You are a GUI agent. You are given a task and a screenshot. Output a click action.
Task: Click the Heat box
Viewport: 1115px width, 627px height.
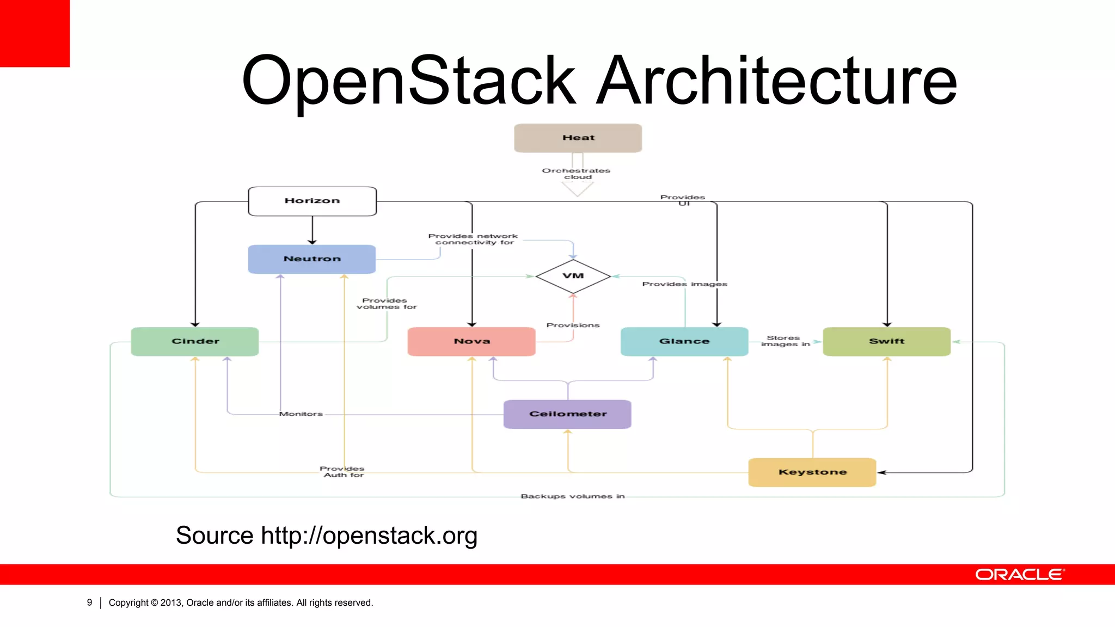click(578, 138)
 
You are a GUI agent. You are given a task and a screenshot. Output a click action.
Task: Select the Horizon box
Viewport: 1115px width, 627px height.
click(312, 201)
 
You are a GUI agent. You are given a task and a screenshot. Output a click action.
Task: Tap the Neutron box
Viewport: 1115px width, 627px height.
click(312, 259)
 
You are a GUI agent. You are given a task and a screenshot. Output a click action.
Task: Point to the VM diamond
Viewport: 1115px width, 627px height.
click(573, 276)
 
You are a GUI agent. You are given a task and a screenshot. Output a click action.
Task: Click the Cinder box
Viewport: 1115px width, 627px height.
click(195, 341)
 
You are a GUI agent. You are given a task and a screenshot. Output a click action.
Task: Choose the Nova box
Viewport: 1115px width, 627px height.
click(471, 341)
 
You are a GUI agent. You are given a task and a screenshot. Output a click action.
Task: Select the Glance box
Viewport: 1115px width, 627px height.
click(684, 341)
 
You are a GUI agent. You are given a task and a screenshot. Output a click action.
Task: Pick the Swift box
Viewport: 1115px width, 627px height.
click(886, 341)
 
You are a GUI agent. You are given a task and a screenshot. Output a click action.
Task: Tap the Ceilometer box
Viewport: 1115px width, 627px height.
click(567, 414)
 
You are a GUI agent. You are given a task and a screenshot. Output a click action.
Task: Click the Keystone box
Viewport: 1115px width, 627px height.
click(812, 472)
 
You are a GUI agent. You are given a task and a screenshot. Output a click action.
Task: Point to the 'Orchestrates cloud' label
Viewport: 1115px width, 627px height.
click(577, 174)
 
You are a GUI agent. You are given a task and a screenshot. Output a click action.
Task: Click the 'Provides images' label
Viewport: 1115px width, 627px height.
click(684, 284)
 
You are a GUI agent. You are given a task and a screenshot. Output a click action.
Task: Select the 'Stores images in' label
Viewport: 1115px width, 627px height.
click(785, 341)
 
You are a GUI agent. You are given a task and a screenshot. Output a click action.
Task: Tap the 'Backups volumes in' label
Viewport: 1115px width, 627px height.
click(573, 496)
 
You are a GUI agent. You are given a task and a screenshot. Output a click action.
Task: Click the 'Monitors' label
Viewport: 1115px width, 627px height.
click(301, 414)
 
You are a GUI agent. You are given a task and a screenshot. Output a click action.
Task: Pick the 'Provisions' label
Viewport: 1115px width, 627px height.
click(573, 325)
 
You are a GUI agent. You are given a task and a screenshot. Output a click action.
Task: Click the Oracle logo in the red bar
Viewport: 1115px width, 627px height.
click(1020, 575)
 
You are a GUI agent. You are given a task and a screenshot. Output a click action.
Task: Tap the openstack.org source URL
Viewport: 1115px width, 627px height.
click(369, 536)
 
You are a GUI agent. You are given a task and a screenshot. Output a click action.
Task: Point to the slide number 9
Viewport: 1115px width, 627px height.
click(89, 603)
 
